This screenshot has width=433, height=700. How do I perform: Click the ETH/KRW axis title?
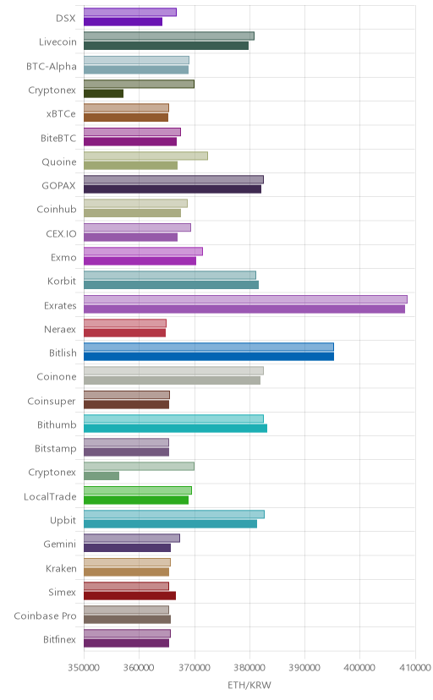coord(249,685)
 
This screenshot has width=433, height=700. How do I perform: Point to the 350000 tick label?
coord(84,668)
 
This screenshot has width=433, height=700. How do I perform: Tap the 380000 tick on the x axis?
coord(249,668)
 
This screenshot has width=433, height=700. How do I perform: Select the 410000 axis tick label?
coord(415,668)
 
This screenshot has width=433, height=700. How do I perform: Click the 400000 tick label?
coord(359,668)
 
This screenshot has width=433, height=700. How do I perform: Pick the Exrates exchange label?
coord(60,306)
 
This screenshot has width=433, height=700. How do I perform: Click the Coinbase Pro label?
coord(45,616)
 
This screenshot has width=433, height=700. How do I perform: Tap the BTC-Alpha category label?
coord(52,67)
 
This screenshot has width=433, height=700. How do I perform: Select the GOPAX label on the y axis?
coord(59,186)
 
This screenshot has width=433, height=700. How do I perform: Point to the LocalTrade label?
coord(50,497)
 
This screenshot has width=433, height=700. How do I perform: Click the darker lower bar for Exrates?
coord(244,309)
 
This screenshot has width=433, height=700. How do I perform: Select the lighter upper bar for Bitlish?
coord(208,347)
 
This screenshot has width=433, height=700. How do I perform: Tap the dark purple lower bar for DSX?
coord(123,22)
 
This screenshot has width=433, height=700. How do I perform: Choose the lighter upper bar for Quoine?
coord(145,156)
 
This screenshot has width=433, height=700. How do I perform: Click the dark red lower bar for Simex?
coord(130,595)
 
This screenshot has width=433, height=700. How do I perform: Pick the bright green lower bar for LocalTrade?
coord(136,500)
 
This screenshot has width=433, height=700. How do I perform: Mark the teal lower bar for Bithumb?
coord(175,429)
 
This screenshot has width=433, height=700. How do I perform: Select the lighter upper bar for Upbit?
coord(174,514)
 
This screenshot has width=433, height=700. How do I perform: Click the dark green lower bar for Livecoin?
coord(166,46)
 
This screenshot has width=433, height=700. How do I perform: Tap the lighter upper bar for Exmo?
coord(143,251)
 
